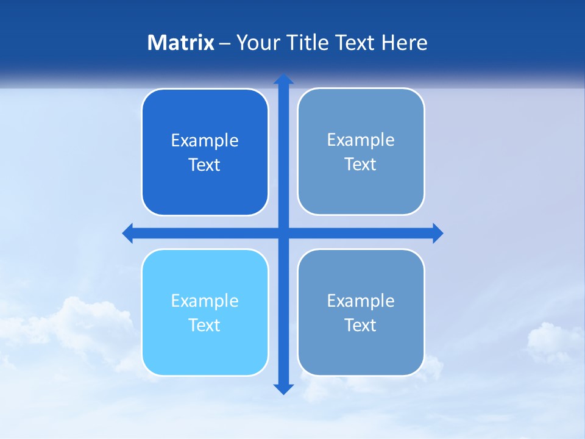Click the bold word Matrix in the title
click(181, 43)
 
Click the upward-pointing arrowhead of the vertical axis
click(283, 80)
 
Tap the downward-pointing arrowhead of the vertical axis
click(283, 388)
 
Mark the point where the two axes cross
click(283, 233)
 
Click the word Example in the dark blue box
click(205, 141)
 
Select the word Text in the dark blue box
click(205, 165)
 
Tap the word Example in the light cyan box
click(205, 301)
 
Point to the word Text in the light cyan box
click(205, 326)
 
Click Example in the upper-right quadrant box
click(361, 140)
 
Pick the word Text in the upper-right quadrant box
click(361, 165)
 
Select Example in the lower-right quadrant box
click(361, 301)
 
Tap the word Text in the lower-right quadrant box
click(361, 326)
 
